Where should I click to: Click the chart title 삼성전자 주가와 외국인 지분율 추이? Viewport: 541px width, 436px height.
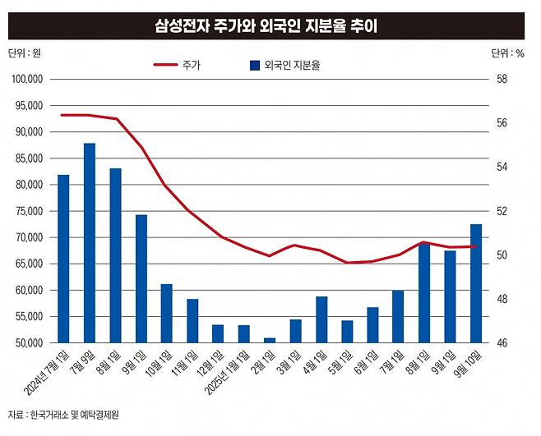[x=270, y=26]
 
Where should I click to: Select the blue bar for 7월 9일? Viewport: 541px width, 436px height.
[x=90, y=243]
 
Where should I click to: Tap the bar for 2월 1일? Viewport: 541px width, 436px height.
[x=269, y=340]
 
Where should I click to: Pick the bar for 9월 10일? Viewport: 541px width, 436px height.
[x=475, y=283]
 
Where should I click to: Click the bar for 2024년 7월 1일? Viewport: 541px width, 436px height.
[x=63, y=259]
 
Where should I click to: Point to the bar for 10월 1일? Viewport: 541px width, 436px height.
[x=166, y=313]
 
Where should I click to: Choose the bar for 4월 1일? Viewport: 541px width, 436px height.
[x=321, y=319]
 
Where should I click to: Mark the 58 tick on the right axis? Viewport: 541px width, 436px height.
[x=502, y=79]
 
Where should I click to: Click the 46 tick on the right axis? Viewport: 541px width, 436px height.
[x=502, y=342]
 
